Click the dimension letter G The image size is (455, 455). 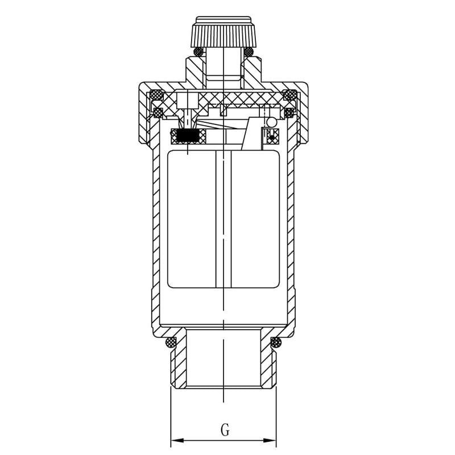[x=225, y=430]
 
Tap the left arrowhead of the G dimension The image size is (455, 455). [x=175, y=440]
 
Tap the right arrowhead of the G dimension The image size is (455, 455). [x=272, y=440]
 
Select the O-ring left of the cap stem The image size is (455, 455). [x=198, y=52]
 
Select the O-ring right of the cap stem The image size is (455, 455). [x=249, y=52]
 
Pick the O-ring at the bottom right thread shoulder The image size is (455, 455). [x=276, y=342]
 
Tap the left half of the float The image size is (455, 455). [x=192, y=219]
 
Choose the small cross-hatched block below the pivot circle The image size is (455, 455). [x=272, y=135]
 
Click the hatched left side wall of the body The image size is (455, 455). [x=156, y=239]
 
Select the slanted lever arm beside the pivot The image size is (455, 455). [x=251, y=136]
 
